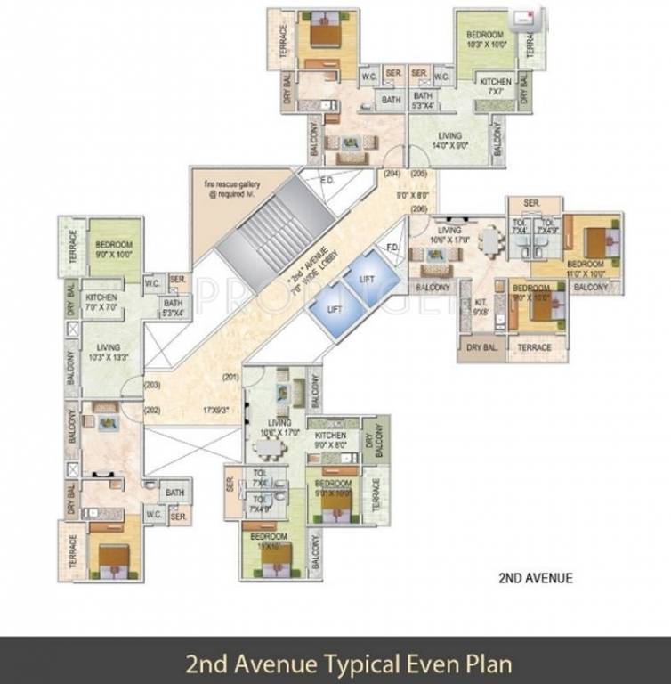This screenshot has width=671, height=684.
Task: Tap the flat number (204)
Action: click(x=391, y=175)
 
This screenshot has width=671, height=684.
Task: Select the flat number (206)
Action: click(x=418, y=208)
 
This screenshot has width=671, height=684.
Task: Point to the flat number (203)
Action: click(x=153, y=386)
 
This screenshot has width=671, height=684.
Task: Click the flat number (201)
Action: click(x=232, y=376)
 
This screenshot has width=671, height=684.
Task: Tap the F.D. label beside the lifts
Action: click(x=390, y=247)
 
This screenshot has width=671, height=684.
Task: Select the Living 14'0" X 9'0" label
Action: click(x=450, y=142)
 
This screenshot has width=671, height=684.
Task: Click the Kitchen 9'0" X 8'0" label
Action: click(x=329, y=440)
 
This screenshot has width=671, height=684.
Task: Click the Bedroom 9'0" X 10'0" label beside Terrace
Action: click(x=114, y=249)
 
